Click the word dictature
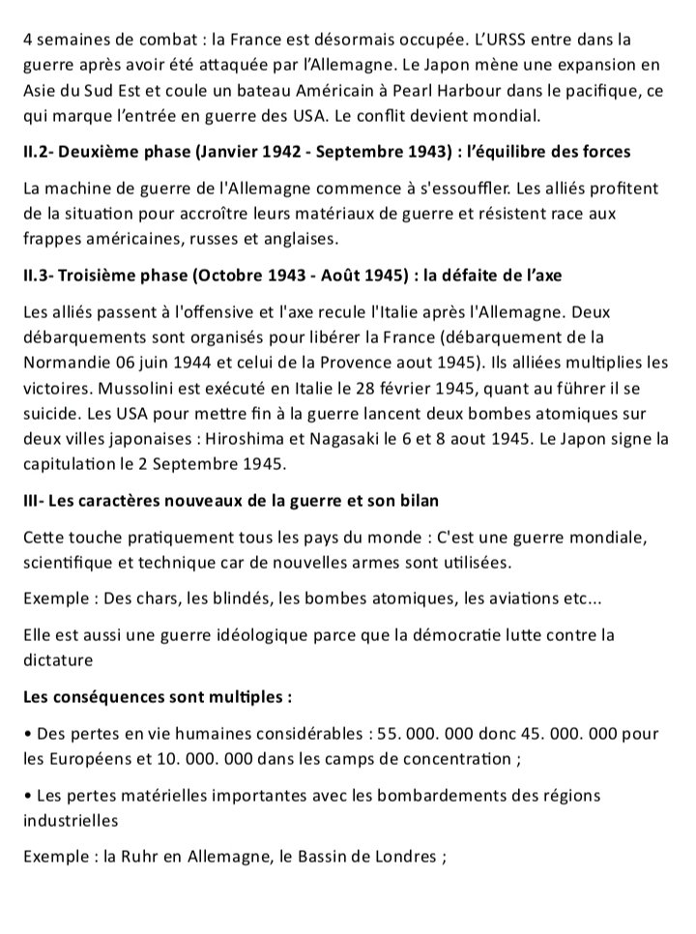tap(58, 660)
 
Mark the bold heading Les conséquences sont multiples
tap(158, 696)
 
